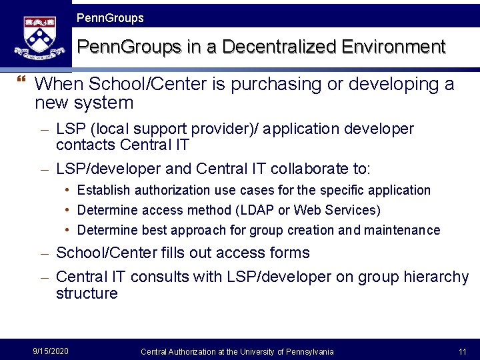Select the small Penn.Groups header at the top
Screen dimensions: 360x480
point(110,18)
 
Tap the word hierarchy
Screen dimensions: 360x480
point(437,277)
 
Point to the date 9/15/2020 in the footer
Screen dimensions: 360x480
point(51,351)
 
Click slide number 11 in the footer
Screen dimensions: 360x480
point(462,351)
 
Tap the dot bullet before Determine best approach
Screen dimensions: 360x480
point(69,230)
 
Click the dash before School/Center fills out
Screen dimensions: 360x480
point(45,253)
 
